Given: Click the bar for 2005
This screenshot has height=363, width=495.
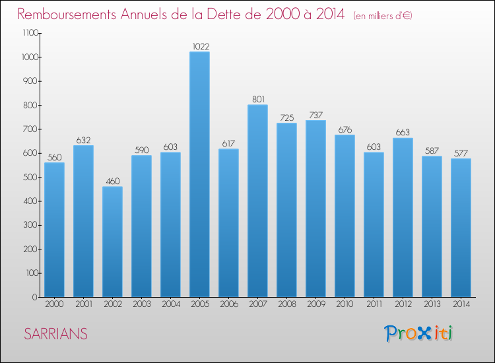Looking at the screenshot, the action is coord(199,174).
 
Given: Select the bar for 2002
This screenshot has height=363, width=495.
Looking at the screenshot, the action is coord(112,242).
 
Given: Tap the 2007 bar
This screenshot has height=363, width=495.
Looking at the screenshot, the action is coord(257,201).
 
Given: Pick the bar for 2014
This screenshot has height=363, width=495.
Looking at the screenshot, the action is coord(461,228).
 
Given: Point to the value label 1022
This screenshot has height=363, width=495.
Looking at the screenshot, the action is coord(201,46).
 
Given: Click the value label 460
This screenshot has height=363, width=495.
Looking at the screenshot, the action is coord(113,181).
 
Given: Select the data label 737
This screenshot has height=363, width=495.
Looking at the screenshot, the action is coord(316,115).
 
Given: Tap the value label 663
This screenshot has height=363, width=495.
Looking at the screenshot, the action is coord(403,132).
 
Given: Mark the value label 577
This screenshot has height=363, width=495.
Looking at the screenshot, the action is coord(461,153).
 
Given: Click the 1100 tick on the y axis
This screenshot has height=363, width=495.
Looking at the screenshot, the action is coord(30,33).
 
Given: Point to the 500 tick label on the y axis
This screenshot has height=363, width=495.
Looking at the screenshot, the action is coord(30,177).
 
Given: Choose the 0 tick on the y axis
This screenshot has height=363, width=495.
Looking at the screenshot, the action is coord(35,297).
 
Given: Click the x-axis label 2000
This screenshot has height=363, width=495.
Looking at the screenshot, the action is coord(54,304).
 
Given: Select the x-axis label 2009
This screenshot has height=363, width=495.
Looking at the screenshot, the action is coord(316,304).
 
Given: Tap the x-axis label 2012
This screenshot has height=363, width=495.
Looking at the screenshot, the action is coord(403,304).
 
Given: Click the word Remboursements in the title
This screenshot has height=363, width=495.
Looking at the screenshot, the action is coord(67,15).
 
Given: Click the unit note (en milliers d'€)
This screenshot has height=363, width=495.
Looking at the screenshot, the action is coord(383,16).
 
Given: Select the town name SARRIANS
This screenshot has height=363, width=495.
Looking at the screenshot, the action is coord(56,334).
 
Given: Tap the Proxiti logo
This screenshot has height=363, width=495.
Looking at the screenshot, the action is coord(418,333).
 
